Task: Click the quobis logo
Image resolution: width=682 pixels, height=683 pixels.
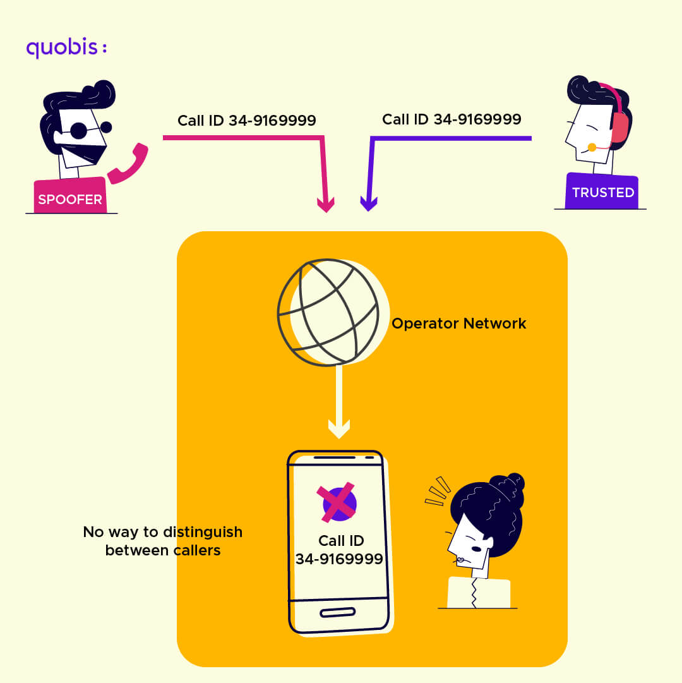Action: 66,48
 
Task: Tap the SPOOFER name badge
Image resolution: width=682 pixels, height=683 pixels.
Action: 69,200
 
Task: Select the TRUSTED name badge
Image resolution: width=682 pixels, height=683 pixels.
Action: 602,192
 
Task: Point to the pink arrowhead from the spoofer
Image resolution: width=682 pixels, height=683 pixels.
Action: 326,205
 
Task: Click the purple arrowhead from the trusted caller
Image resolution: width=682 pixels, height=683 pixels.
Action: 368,203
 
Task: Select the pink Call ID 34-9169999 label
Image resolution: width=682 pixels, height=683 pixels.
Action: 246,120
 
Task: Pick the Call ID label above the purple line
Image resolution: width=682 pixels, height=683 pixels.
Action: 452,119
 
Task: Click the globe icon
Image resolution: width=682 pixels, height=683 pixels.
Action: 328,312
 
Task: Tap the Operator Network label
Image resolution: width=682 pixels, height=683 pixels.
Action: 458,323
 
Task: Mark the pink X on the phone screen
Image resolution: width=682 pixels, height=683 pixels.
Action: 336,504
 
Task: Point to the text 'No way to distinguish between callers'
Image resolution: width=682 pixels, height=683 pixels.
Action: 163,541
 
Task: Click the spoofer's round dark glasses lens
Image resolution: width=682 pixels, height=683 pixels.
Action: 79,131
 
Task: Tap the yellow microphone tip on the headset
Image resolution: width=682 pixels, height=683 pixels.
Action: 592,147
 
